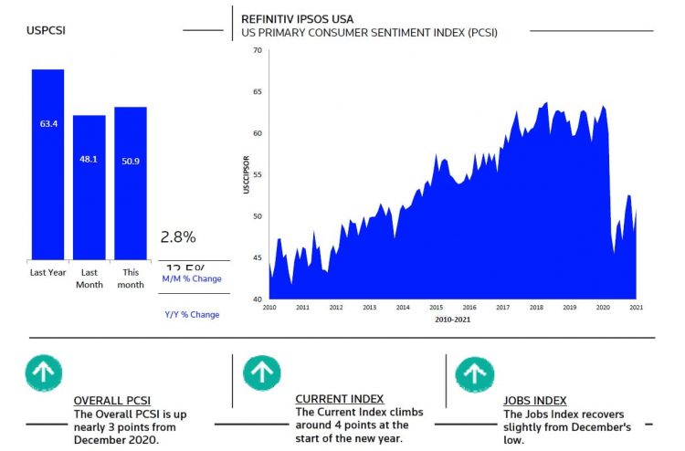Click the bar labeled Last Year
[x=47, y=164]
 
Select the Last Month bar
[x=89, y=187]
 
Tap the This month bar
[x=131, y=183]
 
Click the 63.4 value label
[x=48, y=123]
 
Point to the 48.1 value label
[x=89, y=158]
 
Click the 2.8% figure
[x=178, y=237]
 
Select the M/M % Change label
[x=192, y=278]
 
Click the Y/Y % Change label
[x=192, y=315]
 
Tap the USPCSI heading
[x=46, y=30]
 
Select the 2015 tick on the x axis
[x=436, y=308]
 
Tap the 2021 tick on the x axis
[x=636, y=308]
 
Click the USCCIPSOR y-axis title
[x=246, y=174]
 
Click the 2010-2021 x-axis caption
[x=453, y=320]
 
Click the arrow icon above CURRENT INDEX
[x=262, y=372]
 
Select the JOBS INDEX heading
[x=535, y=401]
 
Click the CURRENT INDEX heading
[x=340, y=399]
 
